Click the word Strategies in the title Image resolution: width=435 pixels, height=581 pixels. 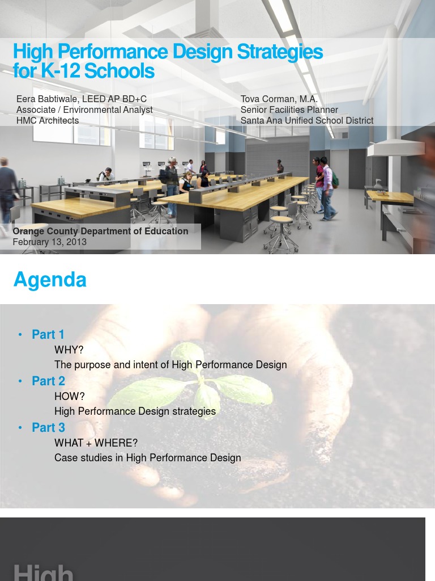click(x=280, y=52)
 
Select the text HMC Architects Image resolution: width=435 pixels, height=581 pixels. click(x=48, y=120)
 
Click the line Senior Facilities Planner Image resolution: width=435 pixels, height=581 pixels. click(x=289, y=110)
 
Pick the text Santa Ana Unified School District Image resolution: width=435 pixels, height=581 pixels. click(x=306, y=120)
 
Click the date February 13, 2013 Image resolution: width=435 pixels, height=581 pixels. click(x=50, y=242)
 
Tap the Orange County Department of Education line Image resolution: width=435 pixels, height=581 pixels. click(x=100, y=231)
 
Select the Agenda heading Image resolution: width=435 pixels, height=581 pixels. click(x=50, y=280)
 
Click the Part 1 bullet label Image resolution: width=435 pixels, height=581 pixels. click(x=48, y=334)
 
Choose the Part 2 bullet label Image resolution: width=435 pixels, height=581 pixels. click(x=48, y=381)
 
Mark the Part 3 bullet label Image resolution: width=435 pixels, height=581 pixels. click(x=48, y=427)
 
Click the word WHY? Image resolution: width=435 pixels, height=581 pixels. click(x=69, y=350)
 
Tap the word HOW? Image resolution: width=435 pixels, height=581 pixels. click(x=69, y=396)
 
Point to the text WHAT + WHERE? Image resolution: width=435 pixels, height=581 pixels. click(x=96, y=443)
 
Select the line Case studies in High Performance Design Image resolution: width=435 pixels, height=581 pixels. click(x=148, y=457)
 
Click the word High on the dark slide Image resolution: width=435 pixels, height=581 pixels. click(x=44, y=571)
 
